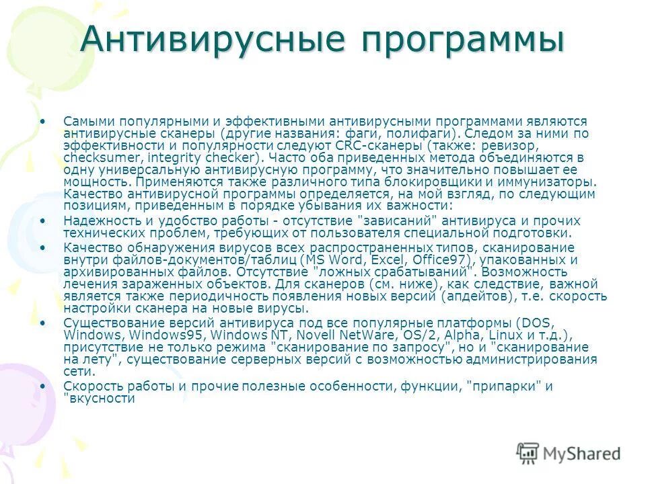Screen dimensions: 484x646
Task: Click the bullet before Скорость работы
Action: point(44,386)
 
